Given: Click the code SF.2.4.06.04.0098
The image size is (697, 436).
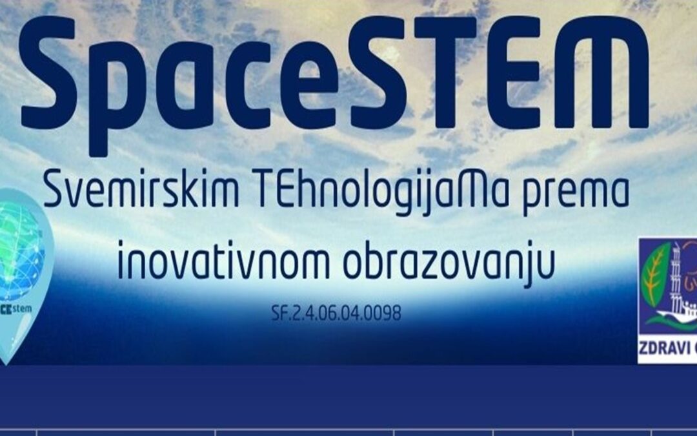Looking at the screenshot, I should [336, 314].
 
